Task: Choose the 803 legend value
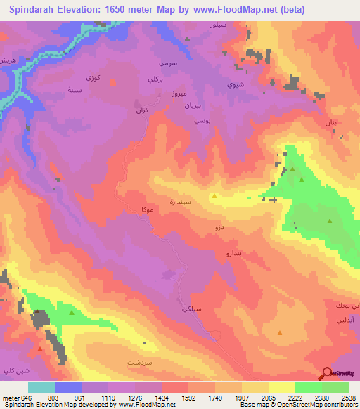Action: tap(53, 398)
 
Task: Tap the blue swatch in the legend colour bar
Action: tap(68, 387)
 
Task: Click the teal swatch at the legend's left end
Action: tap(41, 387)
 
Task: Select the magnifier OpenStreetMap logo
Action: tap(326, 373)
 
